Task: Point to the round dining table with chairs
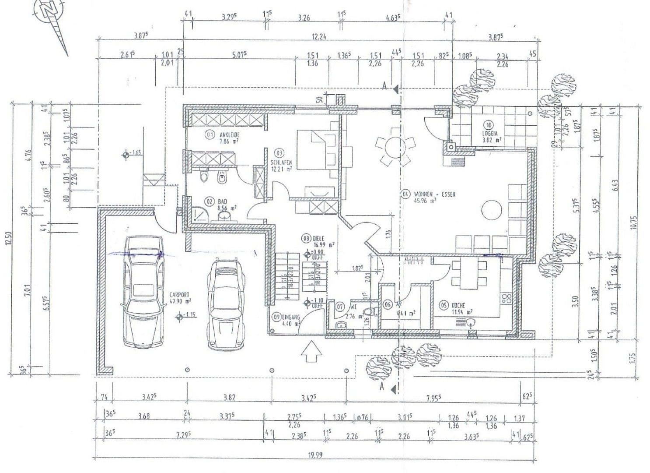point(392,150)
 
